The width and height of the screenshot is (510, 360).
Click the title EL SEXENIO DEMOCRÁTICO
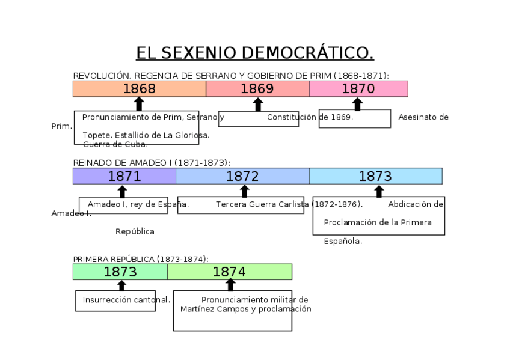(254, 53)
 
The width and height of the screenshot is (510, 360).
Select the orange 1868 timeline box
(139, 89)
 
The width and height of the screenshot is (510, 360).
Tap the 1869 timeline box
(257, 89)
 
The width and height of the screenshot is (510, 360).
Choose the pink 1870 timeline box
(358, 89)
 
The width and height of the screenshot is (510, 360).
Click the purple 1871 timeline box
(124, 176)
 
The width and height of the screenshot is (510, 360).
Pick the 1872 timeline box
(242, 176)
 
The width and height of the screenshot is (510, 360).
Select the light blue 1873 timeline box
(375, 176)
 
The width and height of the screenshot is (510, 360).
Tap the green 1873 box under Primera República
(120, 272)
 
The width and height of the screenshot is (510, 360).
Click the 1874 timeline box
(229, 272)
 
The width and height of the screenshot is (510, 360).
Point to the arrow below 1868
(139, 104)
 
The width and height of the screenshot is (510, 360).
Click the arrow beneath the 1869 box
(258, 105)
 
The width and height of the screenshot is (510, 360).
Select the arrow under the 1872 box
(244, 191)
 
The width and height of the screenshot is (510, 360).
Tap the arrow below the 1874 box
(230, 285)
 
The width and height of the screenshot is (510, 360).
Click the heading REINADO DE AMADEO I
(152, 163)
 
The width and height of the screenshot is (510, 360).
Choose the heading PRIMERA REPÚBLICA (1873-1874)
(141, 259)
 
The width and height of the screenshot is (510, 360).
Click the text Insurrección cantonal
(126, 300)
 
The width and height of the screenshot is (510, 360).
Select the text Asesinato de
(423, 117)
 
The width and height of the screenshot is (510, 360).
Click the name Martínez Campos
(205, 309)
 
